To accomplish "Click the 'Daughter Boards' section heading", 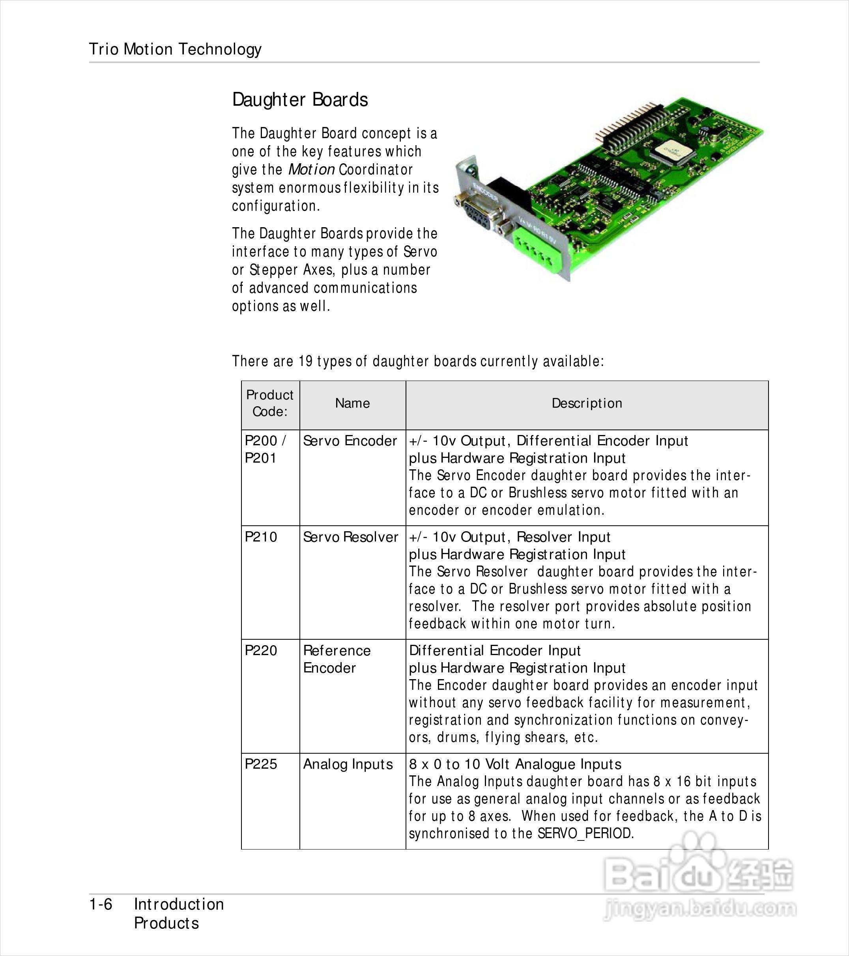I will (x=300, y=100).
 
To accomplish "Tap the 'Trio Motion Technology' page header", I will (x=175, y=49).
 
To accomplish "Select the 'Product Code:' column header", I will (x=270, y=403).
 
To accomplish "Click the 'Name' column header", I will (x=352, y=403).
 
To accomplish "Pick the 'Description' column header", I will (x=587, y=403).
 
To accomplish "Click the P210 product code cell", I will (x=261, y=537).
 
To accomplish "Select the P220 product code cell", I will (x=261, y=651).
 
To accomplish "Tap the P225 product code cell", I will (x=261, y=764).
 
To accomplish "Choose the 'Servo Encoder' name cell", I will (x=350, y=441).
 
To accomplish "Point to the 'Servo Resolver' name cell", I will (x=350, y=537).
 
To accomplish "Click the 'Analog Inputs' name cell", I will (x=348, y=764).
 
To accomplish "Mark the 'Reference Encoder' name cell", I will (x=337, y=659).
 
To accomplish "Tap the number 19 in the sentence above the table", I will (x=305, y=361).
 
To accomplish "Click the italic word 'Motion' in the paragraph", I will (x=311, y=169).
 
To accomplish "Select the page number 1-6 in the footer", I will (x=101, y=905).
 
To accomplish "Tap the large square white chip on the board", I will (x=668, y=151).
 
